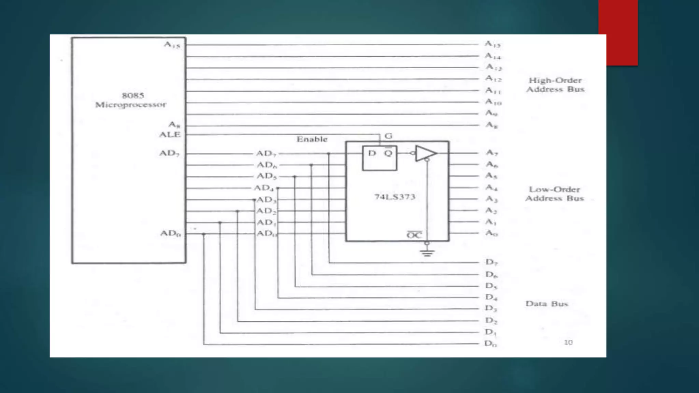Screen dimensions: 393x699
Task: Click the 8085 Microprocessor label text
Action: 131,100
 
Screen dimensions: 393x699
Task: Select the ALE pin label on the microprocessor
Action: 170,134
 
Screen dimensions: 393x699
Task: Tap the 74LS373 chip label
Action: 395,197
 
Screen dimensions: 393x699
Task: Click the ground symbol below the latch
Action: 427,253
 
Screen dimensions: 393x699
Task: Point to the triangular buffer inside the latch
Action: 425,153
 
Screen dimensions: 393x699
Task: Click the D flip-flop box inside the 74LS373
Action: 380,158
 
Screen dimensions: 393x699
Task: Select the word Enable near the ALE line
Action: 312,139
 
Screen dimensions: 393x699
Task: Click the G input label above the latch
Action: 388,136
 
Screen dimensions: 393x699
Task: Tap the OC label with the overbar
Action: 414,235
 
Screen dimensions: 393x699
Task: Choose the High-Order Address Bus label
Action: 555,85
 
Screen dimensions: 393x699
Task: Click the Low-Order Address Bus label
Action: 555,194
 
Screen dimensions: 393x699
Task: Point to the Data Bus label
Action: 547,304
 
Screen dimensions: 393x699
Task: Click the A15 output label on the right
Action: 493,44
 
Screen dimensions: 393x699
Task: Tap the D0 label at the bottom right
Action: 490,344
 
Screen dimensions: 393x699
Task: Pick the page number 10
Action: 568,342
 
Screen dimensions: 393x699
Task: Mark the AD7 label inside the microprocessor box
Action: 169,153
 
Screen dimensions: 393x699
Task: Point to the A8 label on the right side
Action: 492,125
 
